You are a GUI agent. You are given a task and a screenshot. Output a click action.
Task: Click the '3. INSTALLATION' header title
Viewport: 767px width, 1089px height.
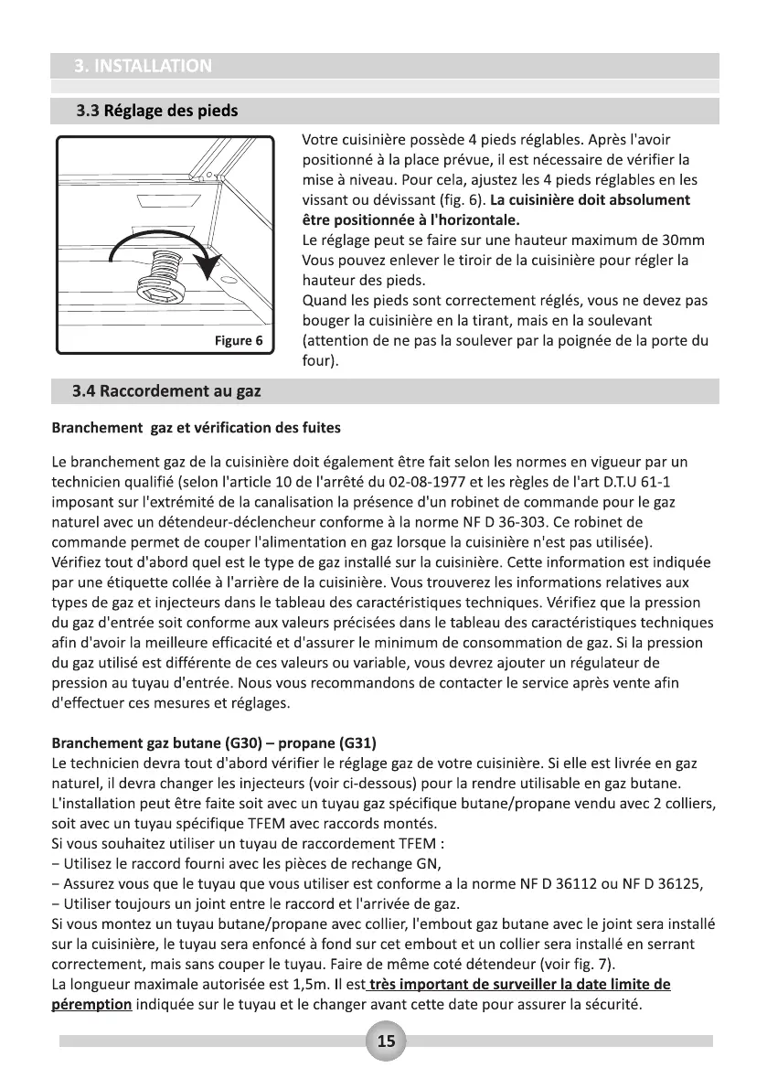(144, 66)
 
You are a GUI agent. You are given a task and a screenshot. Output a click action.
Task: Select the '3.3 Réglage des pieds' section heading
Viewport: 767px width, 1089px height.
(156, 112)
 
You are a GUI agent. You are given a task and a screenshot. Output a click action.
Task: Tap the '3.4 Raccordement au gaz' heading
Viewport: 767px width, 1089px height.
(166, 392)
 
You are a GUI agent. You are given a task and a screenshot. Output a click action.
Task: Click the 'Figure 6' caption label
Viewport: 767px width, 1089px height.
(238, 341)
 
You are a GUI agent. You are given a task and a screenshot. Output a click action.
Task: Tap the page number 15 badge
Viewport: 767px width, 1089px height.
(386, 1041)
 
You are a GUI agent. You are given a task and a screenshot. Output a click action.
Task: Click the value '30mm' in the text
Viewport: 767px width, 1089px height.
(684, 240)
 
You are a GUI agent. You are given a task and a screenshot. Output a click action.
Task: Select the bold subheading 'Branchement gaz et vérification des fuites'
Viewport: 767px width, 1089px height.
(197, 428)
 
